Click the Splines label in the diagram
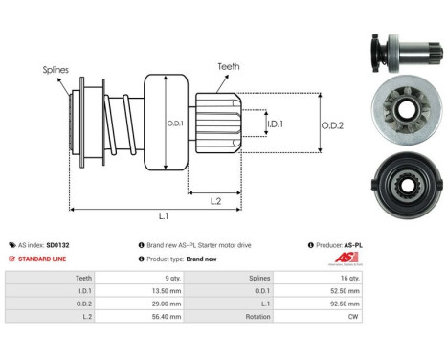(x=55, y=70)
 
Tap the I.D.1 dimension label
(x=273, y=124)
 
